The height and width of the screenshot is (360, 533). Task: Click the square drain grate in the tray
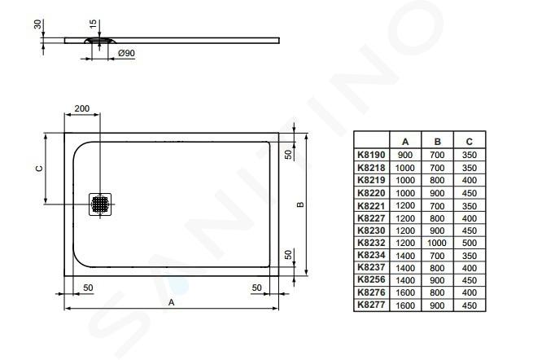[100, 204]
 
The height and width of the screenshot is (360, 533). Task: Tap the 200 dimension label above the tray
[82, 108]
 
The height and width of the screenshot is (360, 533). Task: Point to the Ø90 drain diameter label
[126, 53]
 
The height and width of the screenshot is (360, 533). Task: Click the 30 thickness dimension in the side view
[37, 24]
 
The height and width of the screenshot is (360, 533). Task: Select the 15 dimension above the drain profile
[93, 24]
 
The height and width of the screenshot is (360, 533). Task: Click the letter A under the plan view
[172, 302]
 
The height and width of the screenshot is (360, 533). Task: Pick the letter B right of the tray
[300, 204]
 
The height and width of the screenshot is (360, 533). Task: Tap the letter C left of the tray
[40, 169]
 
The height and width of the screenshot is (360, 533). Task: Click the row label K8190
[371, 155]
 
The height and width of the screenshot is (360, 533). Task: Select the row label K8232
[371, 243]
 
